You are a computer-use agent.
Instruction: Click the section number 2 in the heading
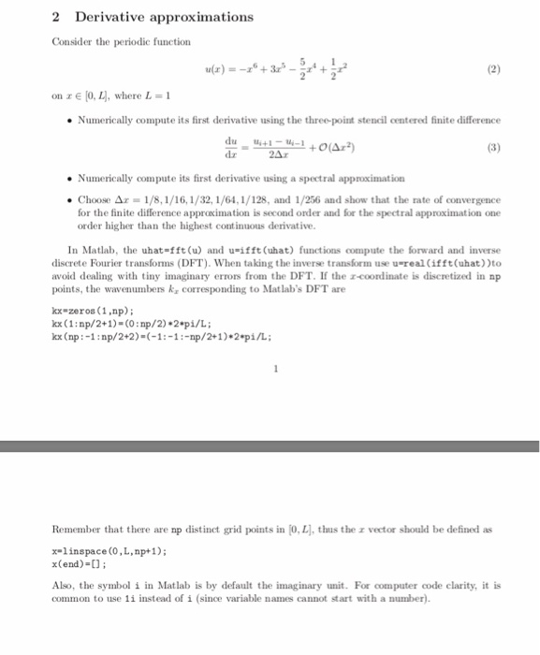[57, 17]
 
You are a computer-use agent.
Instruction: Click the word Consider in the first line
[73, 42]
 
